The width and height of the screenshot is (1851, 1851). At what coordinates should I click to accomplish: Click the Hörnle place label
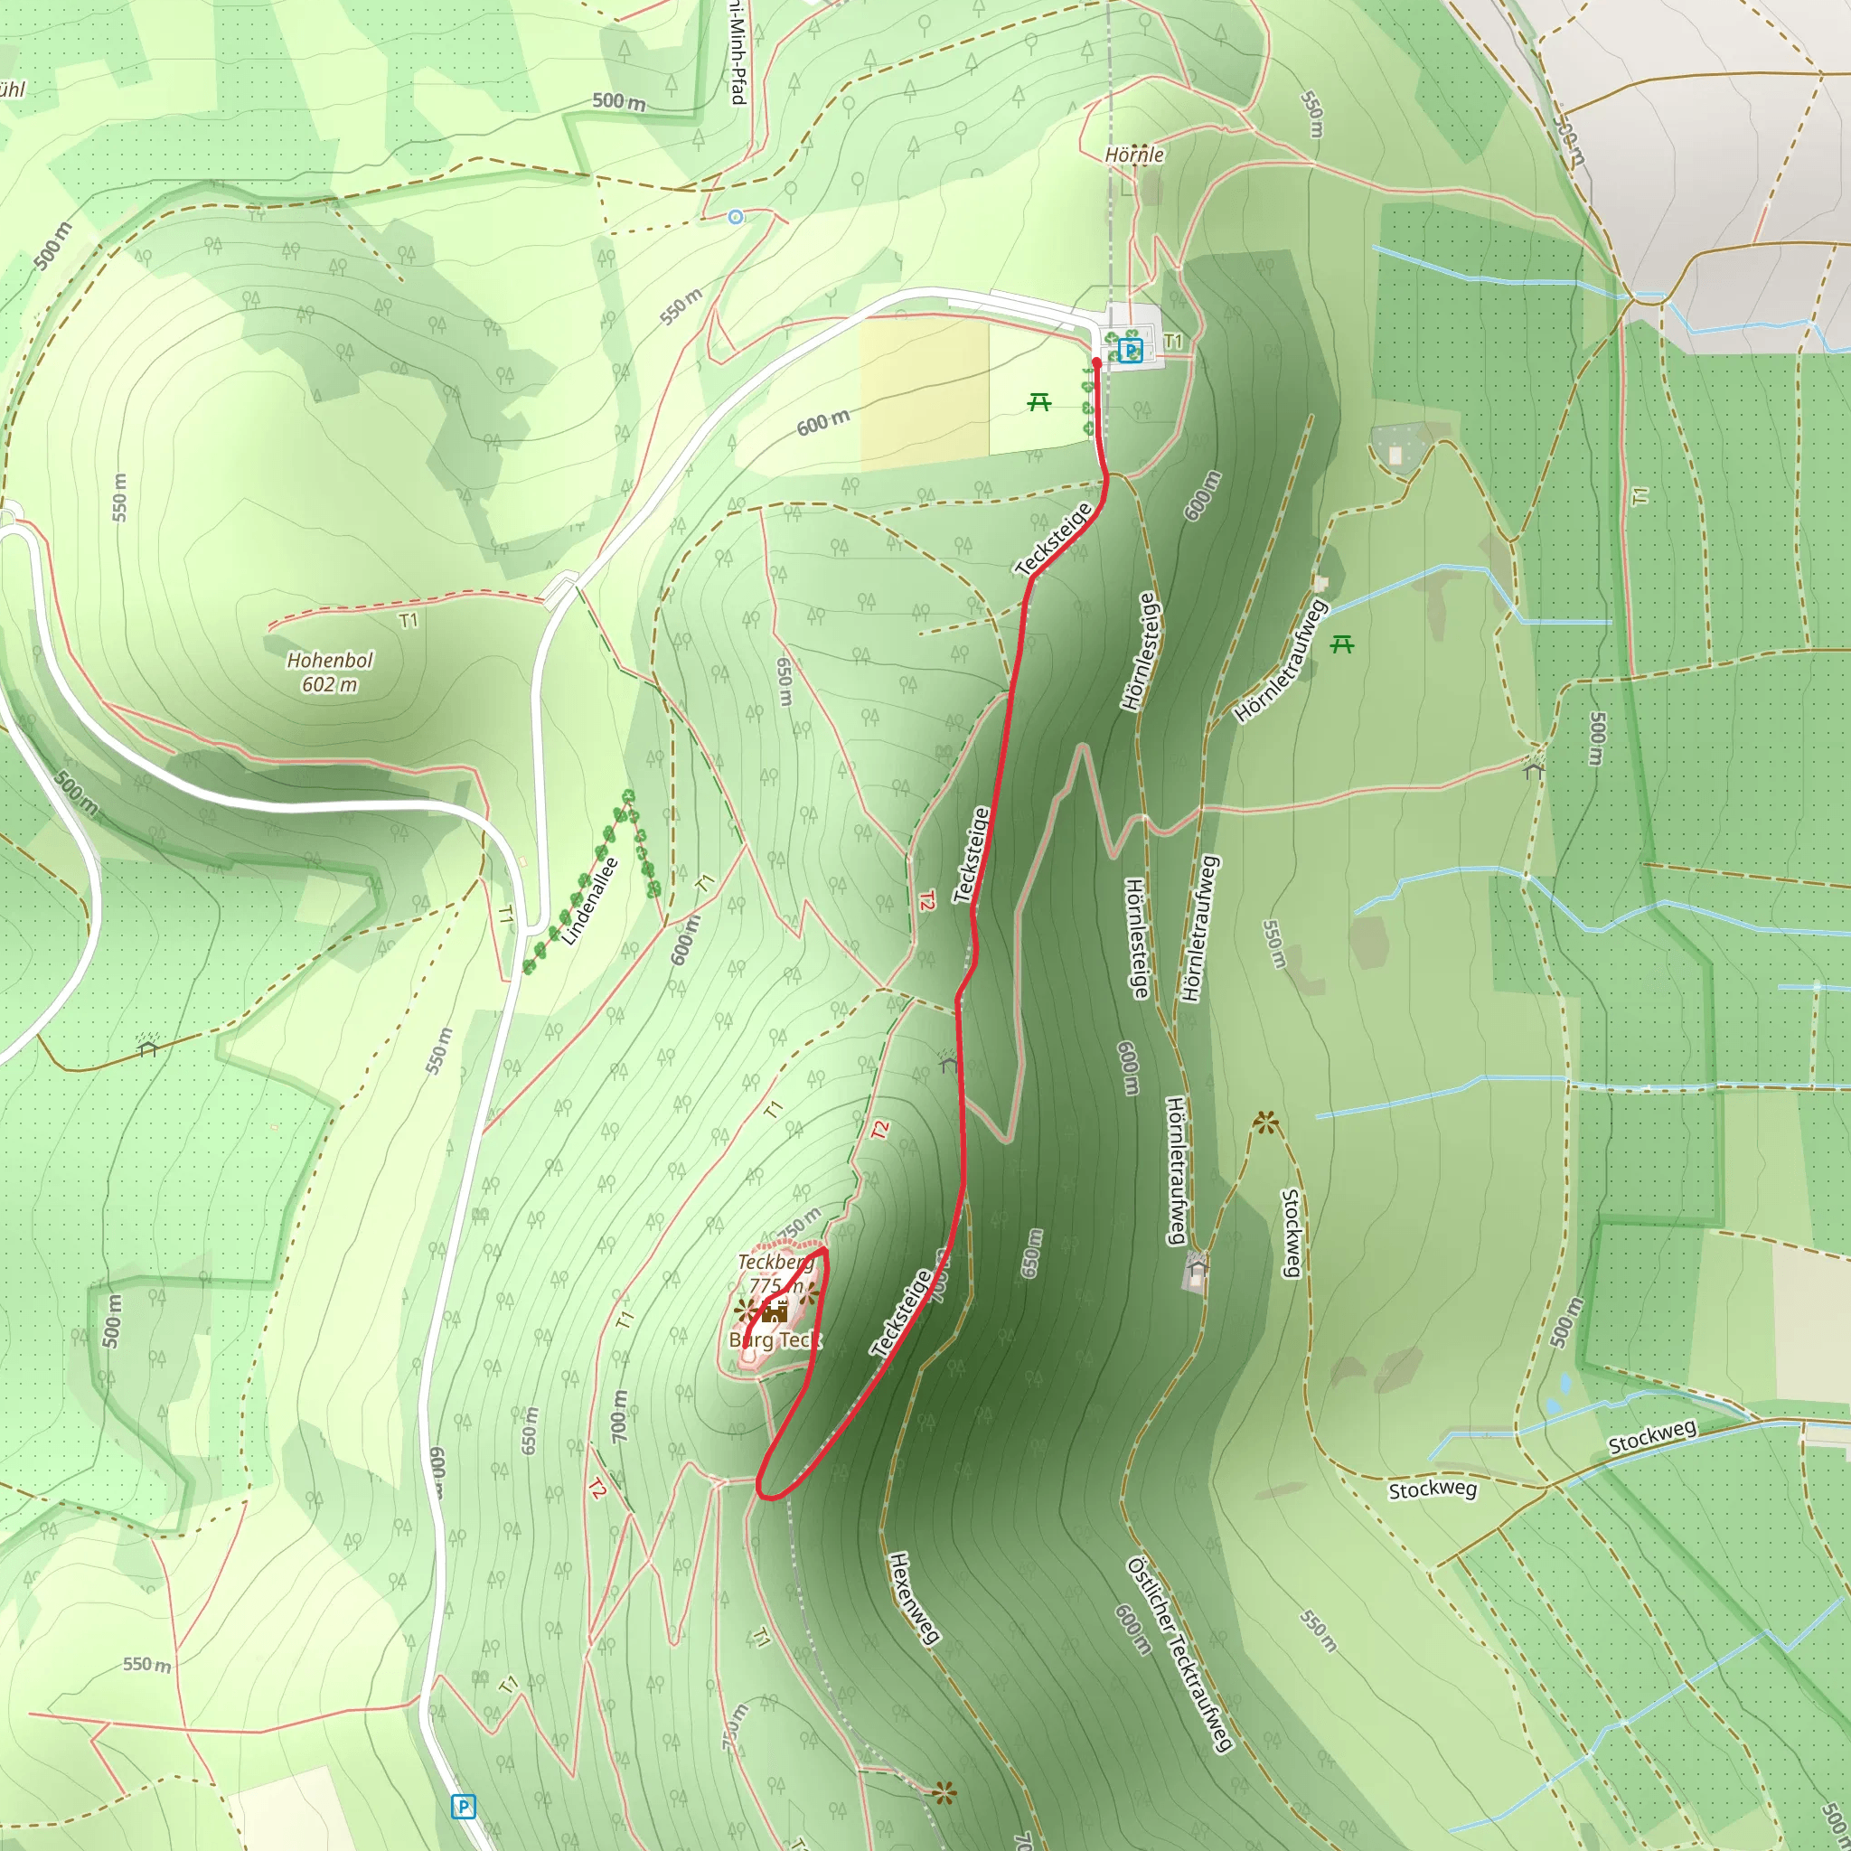[1134, 155]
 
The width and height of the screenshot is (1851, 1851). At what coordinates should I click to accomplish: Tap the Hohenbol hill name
[330, 660]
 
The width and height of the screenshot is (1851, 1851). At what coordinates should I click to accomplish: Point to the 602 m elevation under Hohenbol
[330, 684]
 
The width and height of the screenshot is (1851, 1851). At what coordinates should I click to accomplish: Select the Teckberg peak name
[775, 1262]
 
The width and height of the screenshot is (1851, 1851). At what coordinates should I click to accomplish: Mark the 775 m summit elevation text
[775, 1286]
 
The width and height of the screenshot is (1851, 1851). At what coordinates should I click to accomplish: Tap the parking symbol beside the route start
[1131, 351]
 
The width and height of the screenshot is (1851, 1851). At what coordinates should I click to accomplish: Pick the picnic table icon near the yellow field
[1038, 402]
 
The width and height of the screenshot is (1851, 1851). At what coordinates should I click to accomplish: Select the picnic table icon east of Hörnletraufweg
[1341, 644]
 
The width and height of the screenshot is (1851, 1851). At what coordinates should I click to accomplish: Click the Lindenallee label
[590, 901]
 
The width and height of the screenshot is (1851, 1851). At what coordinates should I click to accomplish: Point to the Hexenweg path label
[913, 1598]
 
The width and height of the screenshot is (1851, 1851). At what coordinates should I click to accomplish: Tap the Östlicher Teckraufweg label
[1179, 1655]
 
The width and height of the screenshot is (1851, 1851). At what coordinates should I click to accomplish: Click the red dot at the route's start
[1097, 363]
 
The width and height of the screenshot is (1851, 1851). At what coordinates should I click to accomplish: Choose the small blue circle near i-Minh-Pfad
[735, 218]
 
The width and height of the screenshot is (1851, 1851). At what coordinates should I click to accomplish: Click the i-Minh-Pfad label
[736, 52]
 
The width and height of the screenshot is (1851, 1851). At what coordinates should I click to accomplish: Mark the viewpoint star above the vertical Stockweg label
[1265, 1122]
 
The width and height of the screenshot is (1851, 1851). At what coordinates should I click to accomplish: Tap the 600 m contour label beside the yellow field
[823, 421]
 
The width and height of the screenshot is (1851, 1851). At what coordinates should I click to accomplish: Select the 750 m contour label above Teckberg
[798, 1224]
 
